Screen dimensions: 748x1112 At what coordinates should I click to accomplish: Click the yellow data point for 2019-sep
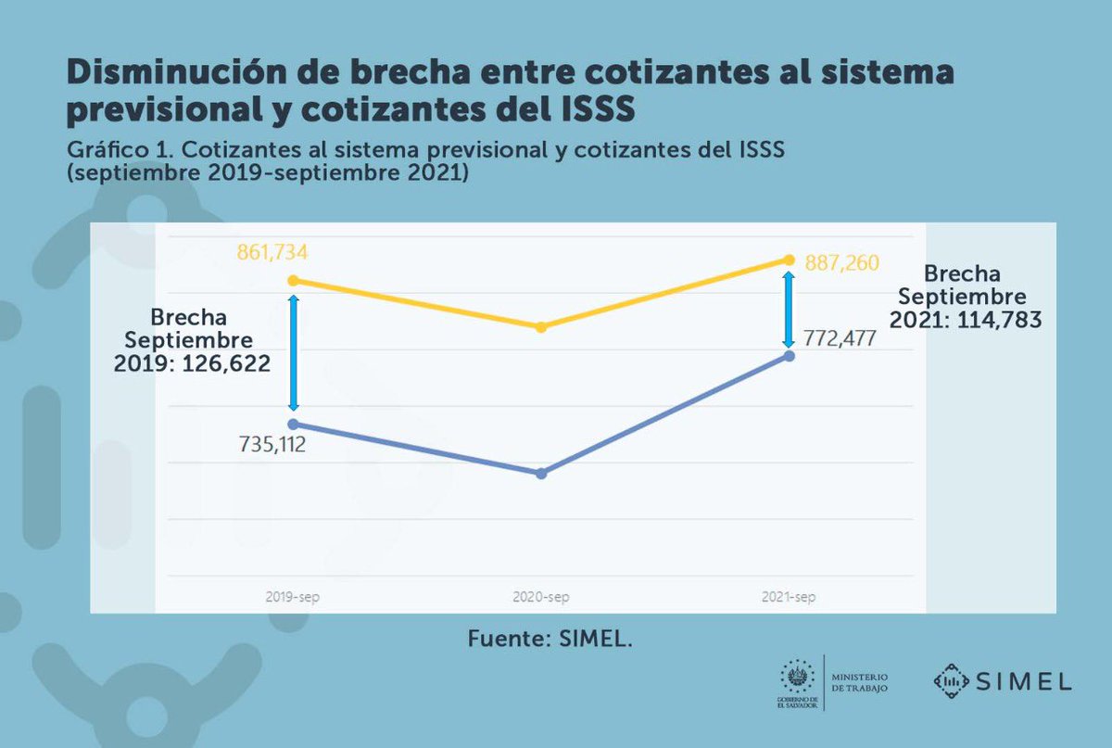(x=294, y=280)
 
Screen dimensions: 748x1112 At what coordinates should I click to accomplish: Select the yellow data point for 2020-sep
(x=542, y=327)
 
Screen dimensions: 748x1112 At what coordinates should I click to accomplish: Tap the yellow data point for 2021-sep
(x=789, y=260)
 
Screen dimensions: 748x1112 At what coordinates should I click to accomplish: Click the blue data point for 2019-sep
(x=294, y=424)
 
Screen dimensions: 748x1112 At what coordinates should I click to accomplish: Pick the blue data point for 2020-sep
(x=542, y=474)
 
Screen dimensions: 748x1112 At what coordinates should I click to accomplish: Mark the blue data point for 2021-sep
(x=789, y=356)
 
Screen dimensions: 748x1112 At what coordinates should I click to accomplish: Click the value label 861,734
(x=272, y=251)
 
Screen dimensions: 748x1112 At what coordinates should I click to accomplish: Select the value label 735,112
(x=272, y=446)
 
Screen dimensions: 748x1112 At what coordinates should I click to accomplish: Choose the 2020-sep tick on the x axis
(x=540, y=598)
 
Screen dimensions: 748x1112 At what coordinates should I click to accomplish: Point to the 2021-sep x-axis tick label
(x=788, y=598)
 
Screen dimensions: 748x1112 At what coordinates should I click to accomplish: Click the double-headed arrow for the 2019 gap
(x=294, y=352)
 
